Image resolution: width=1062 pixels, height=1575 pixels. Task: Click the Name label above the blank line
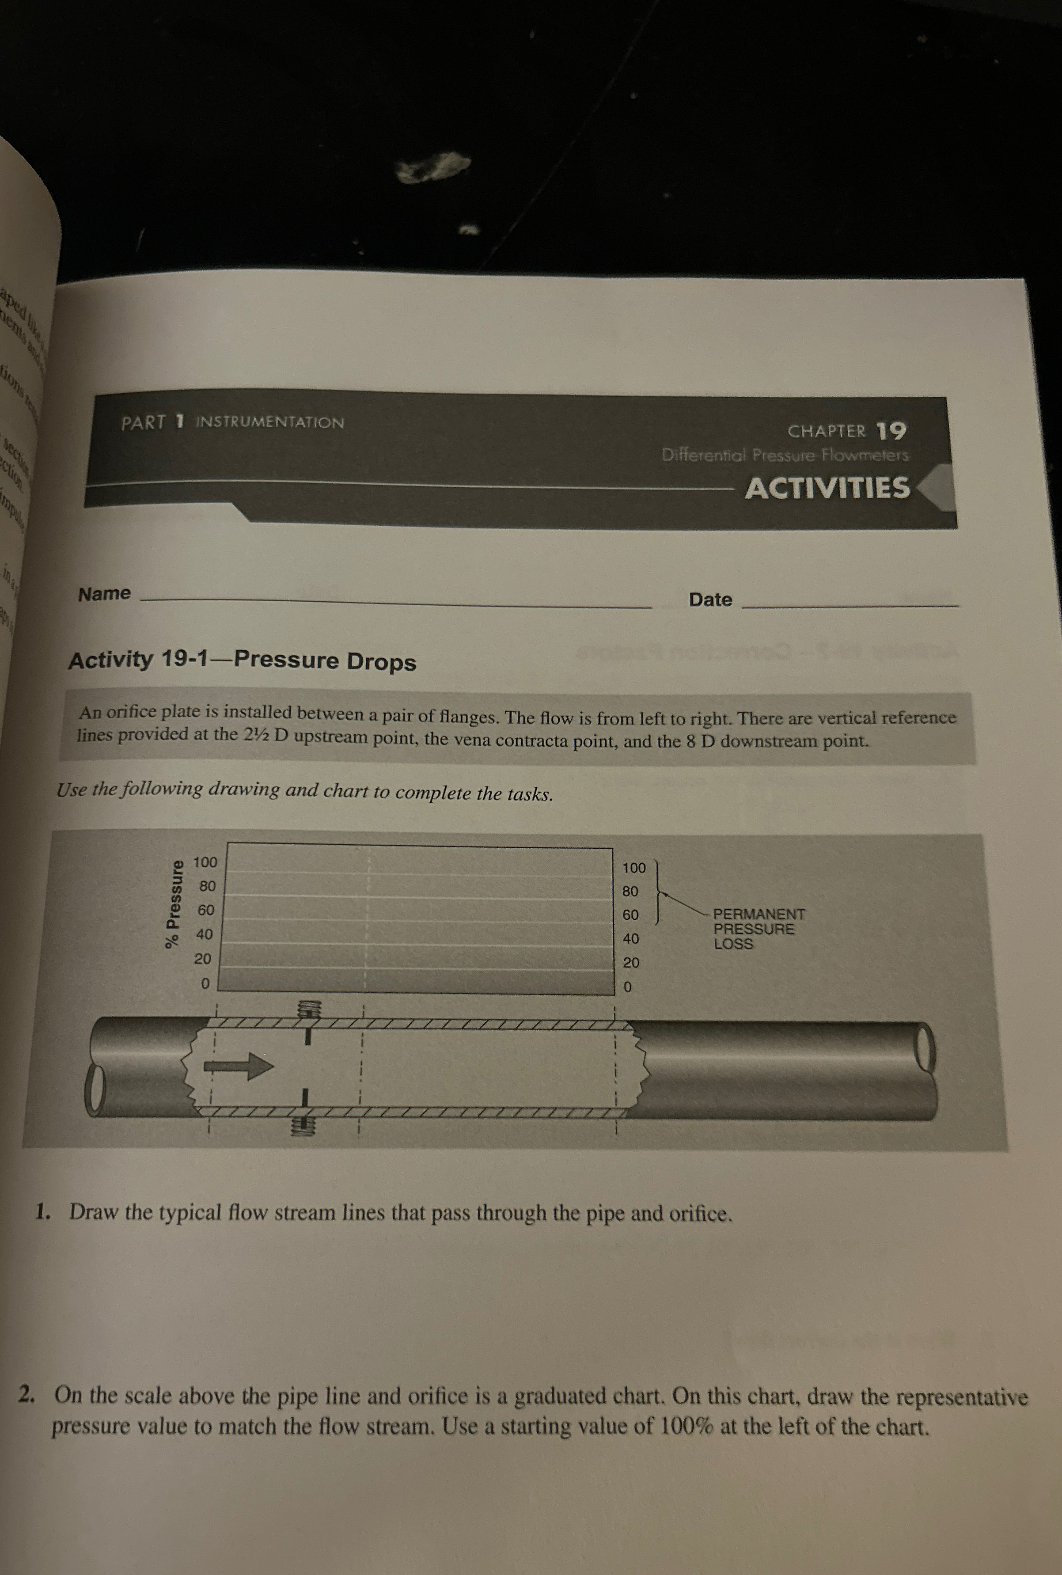point(104,594)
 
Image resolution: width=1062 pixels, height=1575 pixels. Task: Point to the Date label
point(710,600)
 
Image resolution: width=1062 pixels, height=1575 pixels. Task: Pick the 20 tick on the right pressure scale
point(630,963)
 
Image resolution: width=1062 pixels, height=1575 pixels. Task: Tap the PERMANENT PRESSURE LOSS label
point(758,929)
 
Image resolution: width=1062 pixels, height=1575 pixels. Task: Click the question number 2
point(27,1394)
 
